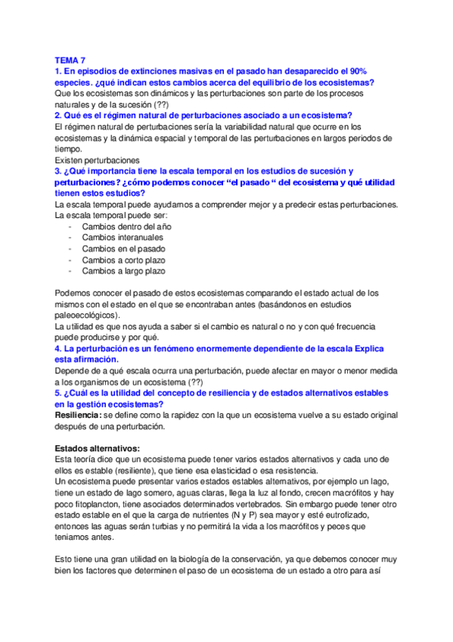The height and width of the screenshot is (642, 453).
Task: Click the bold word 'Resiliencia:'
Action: coord(81,415)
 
